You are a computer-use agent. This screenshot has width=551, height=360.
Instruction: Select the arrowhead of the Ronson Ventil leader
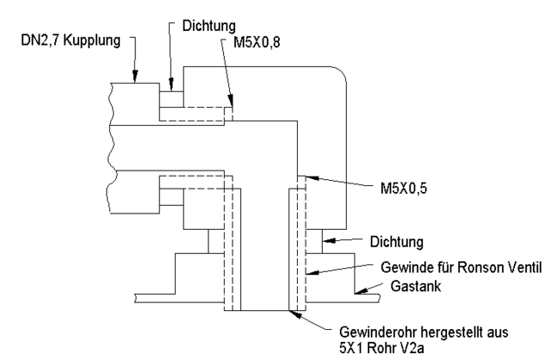(x=309, y=275)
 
